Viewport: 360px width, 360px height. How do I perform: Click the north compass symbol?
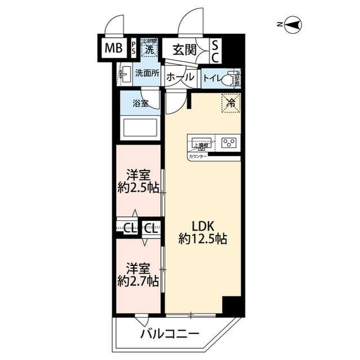[x=293, y=24]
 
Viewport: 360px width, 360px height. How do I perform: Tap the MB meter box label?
[x=113, y=49]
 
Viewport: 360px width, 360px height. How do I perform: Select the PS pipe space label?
[x=133, y=49]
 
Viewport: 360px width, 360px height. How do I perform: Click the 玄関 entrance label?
[x=184, y=49]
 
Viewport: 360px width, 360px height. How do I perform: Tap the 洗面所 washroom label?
[x=147, y=74]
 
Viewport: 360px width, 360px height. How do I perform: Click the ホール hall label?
[x=181, y=78]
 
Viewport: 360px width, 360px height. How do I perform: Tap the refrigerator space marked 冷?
[x=229, y=102]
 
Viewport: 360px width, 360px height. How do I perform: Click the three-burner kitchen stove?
[x=228, y=142]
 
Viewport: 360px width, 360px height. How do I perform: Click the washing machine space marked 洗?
[x=149, y=49]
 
